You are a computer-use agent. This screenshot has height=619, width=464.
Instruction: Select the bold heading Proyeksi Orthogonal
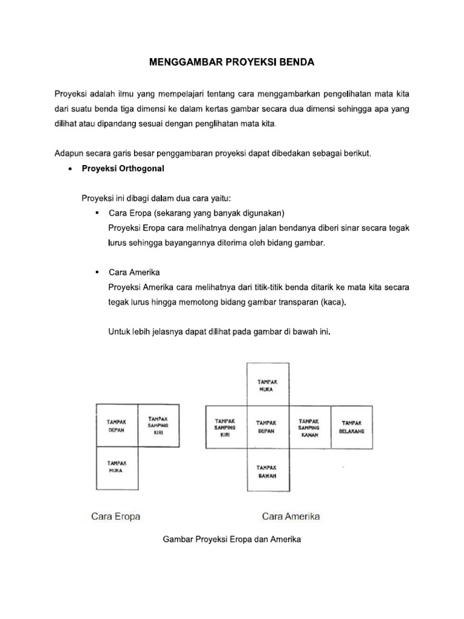[123, 169]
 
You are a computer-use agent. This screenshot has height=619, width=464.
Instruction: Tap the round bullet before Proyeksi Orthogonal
[72, 170]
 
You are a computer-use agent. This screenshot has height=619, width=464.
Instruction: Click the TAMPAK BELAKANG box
[352, 427]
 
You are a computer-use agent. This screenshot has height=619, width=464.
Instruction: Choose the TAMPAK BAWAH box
[266, 472]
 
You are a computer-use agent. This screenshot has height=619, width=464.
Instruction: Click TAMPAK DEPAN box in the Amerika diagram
[266, 427]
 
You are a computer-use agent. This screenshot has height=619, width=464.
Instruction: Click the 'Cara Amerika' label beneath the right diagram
[291, 516]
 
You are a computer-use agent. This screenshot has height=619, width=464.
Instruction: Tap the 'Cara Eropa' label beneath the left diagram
[115, 516]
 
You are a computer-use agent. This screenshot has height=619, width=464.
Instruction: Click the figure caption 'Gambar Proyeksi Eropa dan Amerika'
[232, 540]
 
